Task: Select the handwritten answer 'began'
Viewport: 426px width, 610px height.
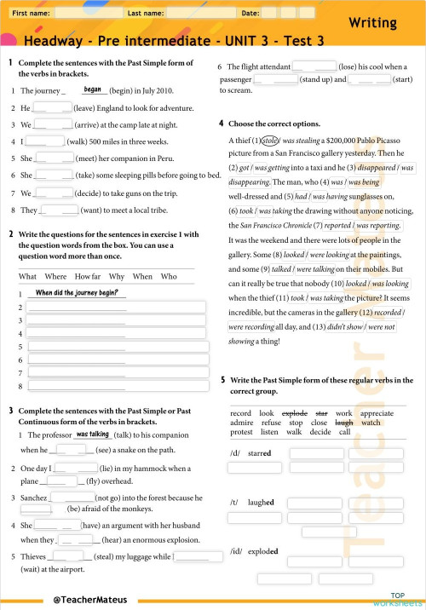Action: point(93,89)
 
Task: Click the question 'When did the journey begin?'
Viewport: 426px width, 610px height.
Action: point(77,292)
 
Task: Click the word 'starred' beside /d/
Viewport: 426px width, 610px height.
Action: point(259,453)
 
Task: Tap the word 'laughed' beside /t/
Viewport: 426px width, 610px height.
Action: point(261,503)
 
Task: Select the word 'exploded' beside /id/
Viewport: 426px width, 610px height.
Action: point(262,551)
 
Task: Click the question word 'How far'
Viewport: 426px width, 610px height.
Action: point(88,276)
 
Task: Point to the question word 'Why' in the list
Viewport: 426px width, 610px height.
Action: point(117,276)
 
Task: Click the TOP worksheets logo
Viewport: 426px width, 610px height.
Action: point(397,598)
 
